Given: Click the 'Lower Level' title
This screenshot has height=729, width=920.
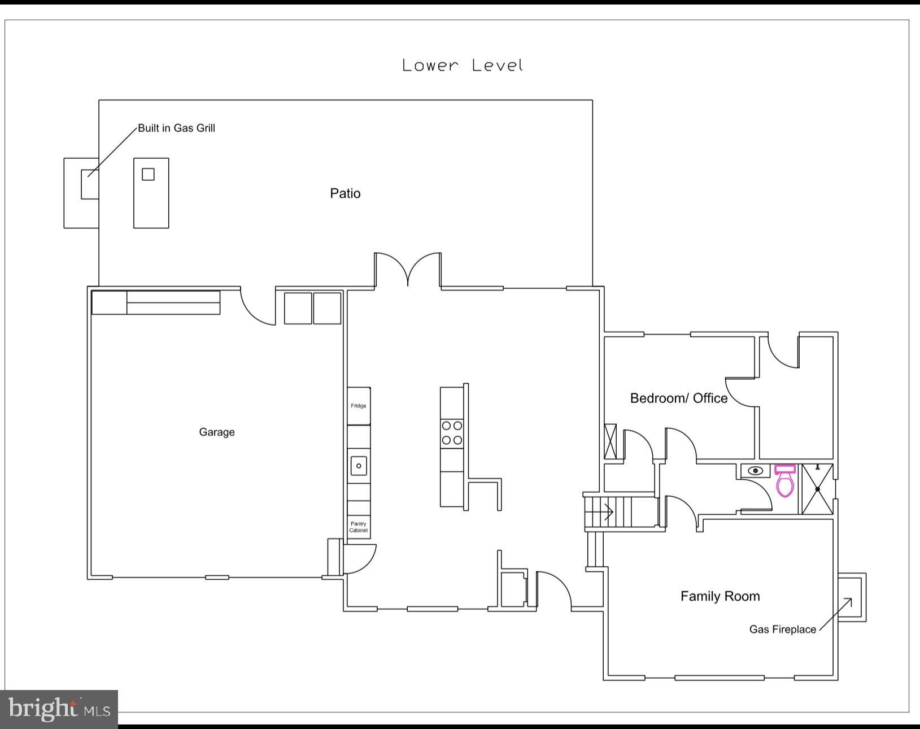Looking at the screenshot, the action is [x=463, y=66].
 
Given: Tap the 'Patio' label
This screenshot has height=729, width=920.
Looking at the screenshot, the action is [x=345, y=193].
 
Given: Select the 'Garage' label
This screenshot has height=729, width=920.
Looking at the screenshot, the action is [x=217, y=432].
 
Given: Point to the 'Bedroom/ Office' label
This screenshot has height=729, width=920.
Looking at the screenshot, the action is [x=679, y=398].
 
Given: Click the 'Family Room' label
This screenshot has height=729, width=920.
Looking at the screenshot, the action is [x=720, y=596].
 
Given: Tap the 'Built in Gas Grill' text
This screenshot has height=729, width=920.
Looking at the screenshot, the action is [x=177, y=128].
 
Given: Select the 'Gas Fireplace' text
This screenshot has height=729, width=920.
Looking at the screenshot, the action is [x=783, y=630].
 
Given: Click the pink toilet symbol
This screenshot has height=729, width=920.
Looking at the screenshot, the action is [x=785, y=481].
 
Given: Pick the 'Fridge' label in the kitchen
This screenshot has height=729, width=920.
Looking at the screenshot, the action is [x=358, y=406].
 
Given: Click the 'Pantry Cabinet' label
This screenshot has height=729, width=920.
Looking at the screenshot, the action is [x=358, y=527].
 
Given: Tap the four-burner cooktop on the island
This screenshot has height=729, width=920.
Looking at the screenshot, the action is [x=452, y=432].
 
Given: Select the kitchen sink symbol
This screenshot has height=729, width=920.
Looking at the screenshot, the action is [x=359, y=466].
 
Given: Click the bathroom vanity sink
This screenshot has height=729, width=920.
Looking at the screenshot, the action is [x=756, y=471].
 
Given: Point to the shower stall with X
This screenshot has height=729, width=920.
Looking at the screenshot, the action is [x=817, y=489].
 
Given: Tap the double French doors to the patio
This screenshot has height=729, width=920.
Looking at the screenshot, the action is [x=408, y=268].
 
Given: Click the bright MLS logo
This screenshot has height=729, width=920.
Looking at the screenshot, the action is [x=59, y=709].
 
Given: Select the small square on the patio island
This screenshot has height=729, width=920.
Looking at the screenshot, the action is [x=148, y=175].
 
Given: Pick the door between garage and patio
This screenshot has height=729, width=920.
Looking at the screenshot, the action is [x=258, y=306].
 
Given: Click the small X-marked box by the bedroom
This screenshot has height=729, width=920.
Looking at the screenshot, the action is [x=610, y=441].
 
